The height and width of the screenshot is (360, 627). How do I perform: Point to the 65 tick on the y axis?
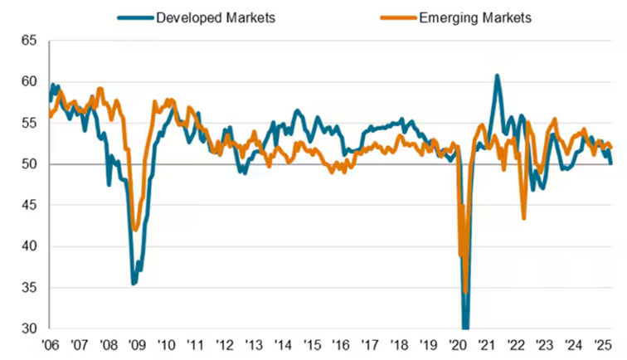[x=29, y=41]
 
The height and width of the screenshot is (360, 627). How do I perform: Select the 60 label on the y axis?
[x=29, y=81]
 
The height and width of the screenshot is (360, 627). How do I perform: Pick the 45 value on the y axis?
[x=29, y=205]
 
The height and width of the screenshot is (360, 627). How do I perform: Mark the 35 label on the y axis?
[x=29, y=288]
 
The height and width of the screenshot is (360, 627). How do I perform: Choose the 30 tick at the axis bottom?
[x=29, y=328]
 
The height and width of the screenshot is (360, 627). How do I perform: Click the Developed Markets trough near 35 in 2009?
[x=134, y=284]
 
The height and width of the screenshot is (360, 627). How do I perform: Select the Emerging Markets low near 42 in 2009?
[x=136, y=229]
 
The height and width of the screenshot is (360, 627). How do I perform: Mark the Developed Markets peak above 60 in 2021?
[x=497, y=76]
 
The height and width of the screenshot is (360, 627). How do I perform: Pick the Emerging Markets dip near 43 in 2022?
[x=524, y=217]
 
